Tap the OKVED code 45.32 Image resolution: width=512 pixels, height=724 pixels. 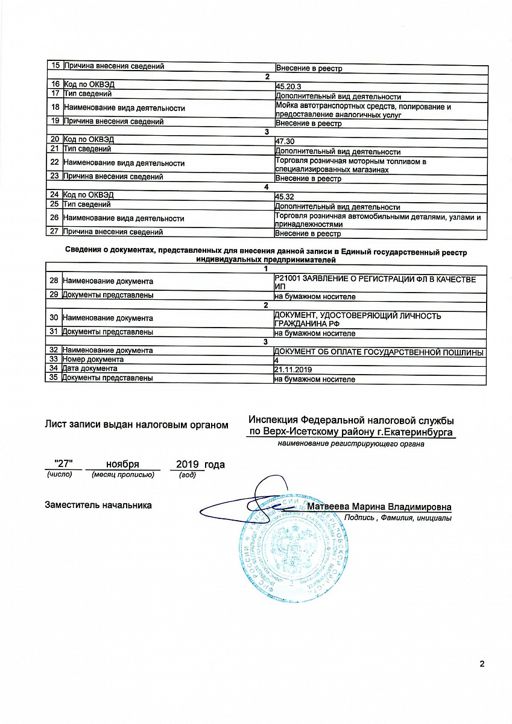coord(283,197)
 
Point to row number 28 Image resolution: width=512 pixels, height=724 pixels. coord(54,281)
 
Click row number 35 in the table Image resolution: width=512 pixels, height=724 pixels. coord(54,378)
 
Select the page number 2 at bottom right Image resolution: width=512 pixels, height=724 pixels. coord(482,664)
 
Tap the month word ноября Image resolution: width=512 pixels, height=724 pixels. coord(122,464)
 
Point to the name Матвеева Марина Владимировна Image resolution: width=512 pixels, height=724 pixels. coord(379,507)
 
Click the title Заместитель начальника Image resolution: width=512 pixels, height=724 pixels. coord(98,505)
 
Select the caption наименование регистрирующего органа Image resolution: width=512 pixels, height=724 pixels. coord(350,444)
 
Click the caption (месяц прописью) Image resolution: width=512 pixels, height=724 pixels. coord(122,475)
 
